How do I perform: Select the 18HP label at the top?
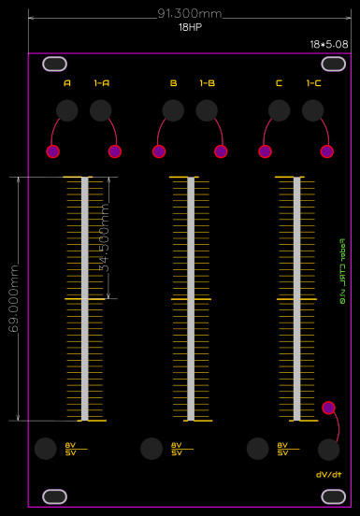click(x=190, y=28)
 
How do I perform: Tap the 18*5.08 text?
click(x=329, y=44)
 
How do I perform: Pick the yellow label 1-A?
click(x=102, y=83)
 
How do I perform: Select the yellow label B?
click(x=173, y=83)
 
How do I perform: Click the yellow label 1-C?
click(x=313, y=83)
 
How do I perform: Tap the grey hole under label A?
click(x=67, y=110)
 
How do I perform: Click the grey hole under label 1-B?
click(x=207, y=110)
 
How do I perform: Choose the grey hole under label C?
click(x=279, y=110)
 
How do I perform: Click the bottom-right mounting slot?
click(x=333, y=494)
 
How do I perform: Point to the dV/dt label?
click(x=329, y=475)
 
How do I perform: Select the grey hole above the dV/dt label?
click(x=328, y=450)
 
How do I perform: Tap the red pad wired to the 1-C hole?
click(x=327, y=151)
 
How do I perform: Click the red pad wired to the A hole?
click(x=53, y=151)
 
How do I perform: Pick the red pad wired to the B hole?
click(x=159, y=151)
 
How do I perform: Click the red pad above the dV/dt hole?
click(x=328, y=408)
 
